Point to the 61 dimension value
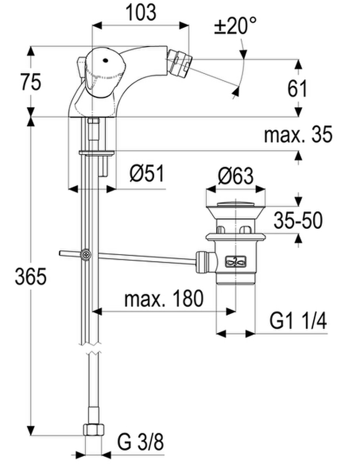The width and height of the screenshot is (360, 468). pyautogui.click(x=297, y=89)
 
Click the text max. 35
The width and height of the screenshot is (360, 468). pyautogui.click(x=298, y=134)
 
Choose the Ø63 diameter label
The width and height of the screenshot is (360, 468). pyautogui.click(x=236, y=176)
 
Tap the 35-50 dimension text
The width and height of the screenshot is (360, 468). pyautogui.click(x=298, y=221)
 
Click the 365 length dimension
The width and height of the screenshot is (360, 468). pyautogui.click(x=31, y=276)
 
